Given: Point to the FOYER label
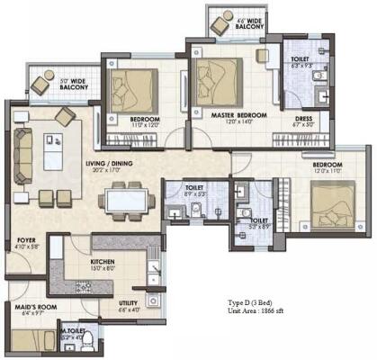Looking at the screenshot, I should click(x=26, y=240).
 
